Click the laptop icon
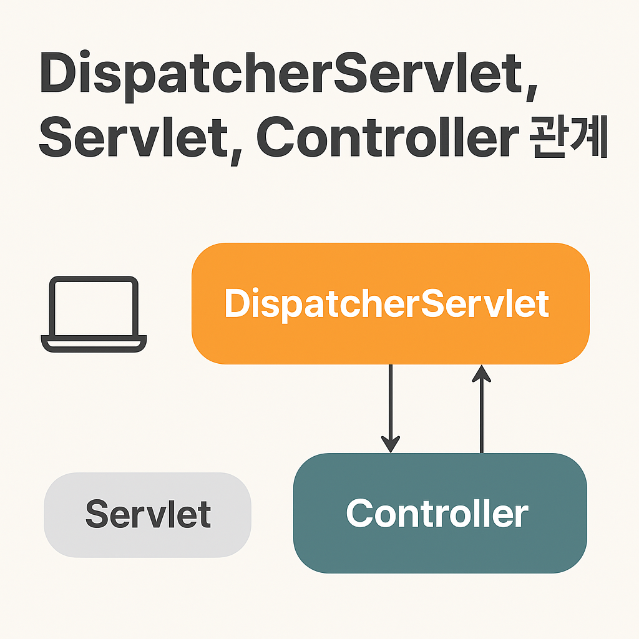tap(94, 315)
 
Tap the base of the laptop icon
tap(94, 344)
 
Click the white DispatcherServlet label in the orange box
tap(386, 304)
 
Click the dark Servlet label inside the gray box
tap(148, 514)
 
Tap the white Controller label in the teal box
tap(437, 513)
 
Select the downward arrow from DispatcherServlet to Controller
tap(391, 406)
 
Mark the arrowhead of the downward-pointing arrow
tap(391, 444)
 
